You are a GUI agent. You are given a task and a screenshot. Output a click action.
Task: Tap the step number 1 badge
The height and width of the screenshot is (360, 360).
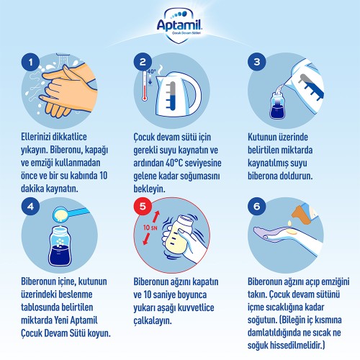[x=30, y=62]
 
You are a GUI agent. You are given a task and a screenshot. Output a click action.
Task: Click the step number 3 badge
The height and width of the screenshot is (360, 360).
[x=257, y=62]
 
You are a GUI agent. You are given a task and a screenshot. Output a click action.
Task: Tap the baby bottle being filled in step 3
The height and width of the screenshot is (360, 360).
[x=276, y=104]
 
